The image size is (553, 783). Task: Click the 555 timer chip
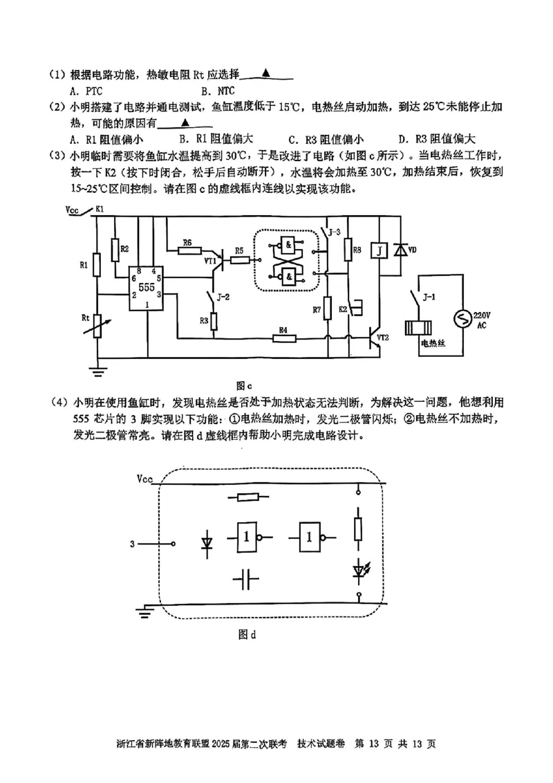point(146,286)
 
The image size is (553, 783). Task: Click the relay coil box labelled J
point(379,250)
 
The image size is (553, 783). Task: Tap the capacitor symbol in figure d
point(245,580)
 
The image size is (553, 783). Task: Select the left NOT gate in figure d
point(248,536)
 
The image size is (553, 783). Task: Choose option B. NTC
point(218,91)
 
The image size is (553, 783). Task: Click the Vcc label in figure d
point(145,479)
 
